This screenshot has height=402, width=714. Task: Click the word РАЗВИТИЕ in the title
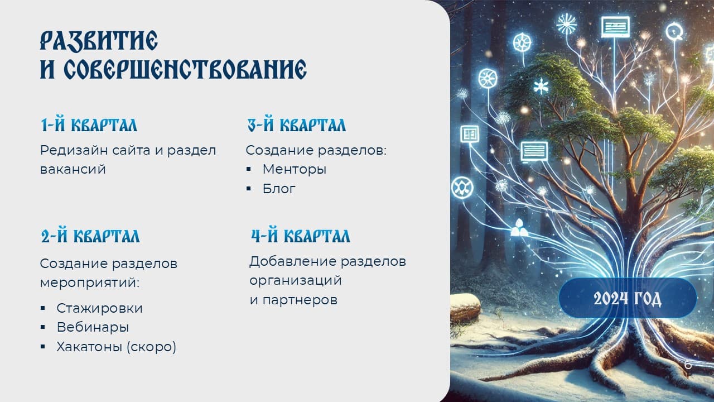pyautogui.click(x=99, y=41)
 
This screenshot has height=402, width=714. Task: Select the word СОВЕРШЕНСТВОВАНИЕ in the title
pyautogui.click(x=185, y=69)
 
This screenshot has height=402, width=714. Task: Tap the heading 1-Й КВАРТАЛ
pyautogui.click(x=89, y=125)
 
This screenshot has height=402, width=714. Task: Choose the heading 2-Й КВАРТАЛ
pyautogui.click(x=90, y=236)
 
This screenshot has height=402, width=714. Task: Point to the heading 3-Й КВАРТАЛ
pyautogui.click(x=297, y=125)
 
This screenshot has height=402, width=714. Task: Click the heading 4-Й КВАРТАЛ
pyautogui.click(x=301, y=236)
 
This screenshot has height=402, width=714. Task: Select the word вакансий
pyautogui.click(x=73, y=169)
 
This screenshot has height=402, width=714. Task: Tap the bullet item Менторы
pyautogui.click(x=295, y=169)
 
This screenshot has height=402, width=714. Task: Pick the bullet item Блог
pyautogui.click(x=279, y=189)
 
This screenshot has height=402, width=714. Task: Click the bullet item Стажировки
pyautogui.click(x=99, y=308)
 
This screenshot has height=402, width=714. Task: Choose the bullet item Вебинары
pyautogui.click(x=93, y=327)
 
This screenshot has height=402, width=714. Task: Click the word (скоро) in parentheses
pyautogui.click(x=151, y=347)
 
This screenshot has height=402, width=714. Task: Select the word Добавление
pyautogui.click(x=293, y=261)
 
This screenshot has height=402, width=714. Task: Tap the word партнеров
pyautogui.click(x=300, y=300)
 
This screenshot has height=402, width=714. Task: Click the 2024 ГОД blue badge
pyautogui.click(x=628, y=298)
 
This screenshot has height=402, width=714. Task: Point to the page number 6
pyautogui.click(x=688, y=365)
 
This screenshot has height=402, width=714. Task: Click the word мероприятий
pyautogui.click(x=90, y=283)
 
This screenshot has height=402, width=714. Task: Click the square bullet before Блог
pyautogui.click(x=249, y=189)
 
